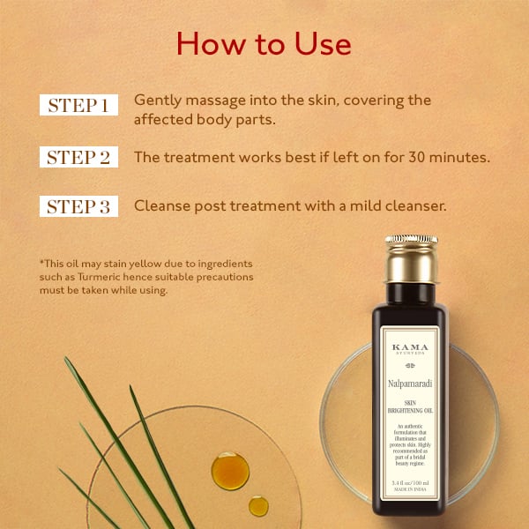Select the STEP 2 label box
(78, 158)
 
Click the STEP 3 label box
(78, 207)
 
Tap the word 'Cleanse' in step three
(161, 206)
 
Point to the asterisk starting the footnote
(41, 263)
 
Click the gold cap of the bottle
(411, 258)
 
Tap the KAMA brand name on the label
(411, 347)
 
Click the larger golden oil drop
(230, 470)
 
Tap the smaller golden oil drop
(258, 505)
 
